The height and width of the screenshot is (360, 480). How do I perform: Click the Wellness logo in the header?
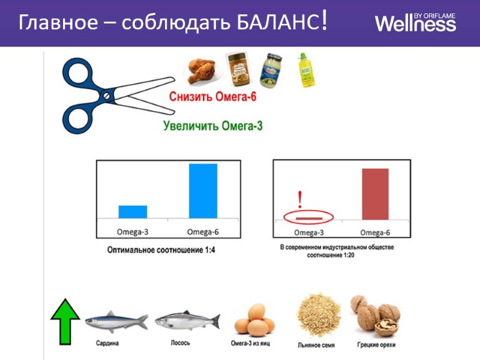(415, 23)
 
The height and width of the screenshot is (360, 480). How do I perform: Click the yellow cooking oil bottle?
(306, 70)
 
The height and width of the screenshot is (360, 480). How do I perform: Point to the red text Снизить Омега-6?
(213, 97)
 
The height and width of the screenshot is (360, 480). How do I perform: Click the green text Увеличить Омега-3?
(213, 125)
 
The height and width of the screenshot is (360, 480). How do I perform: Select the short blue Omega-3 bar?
(133, 212)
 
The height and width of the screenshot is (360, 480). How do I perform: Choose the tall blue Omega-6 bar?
(203, 191)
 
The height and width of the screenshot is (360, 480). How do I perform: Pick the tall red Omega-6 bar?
(375, 194)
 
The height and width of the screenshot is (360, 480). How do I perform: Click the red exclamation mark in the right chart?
(299, 200)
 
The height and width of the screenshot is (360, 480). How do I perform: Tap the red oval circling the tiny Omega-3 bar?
(307, 217)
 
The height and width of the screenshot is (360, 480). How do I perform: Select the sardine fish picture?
(116, 320)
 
